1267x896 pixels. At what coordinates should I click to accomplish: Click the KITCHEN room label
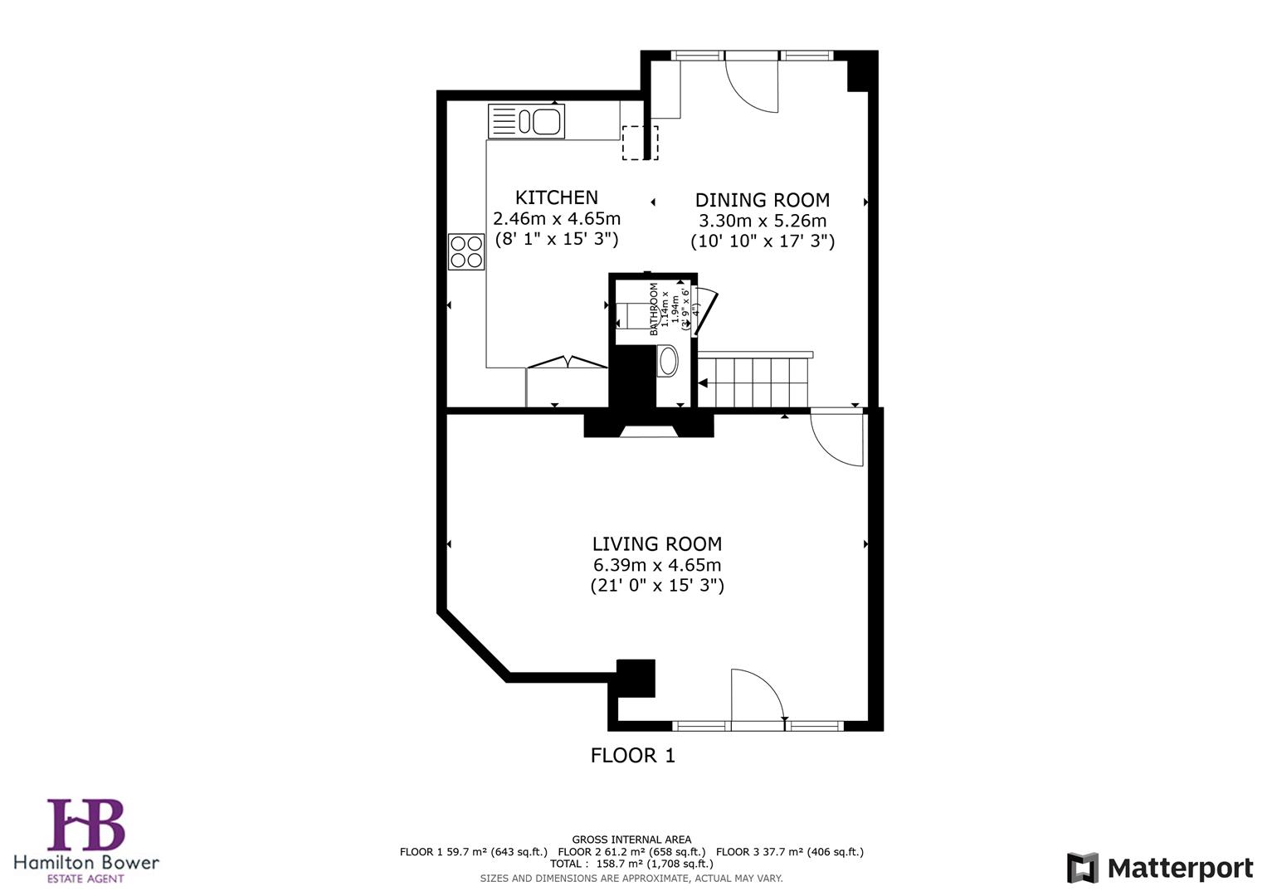coord(556,197)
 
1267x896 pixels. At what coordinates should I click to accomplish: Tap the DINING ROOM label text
coord(762,200)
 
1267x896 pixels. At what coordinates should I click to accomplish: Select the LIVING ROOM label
coord(656,544)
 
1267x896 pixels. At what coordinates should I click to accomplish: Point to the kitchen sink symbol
coord(526,121)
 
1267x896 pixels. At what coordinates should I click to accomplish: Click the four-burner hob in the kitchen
coord(466,252)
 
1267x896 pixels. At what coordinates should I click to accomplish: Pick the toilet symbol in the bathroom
coord(667,362)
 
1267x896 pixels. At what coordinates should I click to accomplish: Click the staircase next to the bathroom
coord(753,382)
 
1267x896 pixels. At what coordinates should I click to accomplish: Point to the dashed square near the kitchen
coord(640,143)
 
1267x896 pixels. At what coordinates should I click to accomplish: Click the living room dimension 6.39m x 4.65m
coord(656,565)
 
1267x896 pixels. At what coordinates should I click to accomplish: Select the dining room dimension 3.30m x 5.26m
coord(762,221)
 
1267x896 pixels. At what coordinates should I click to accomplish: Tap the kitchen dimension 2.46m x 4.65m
coord(556,219)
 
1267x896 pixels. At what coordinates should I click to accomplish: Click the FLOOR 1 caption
coord(632,756)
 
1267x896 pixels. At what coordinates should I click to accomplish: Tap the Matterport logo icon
coord(1082,869)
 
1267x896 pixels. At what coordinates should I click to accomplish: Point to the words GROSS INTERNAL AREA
coord(631,840)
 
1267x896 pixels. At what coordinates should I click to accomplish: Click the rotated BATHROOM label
coord(654,309)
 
